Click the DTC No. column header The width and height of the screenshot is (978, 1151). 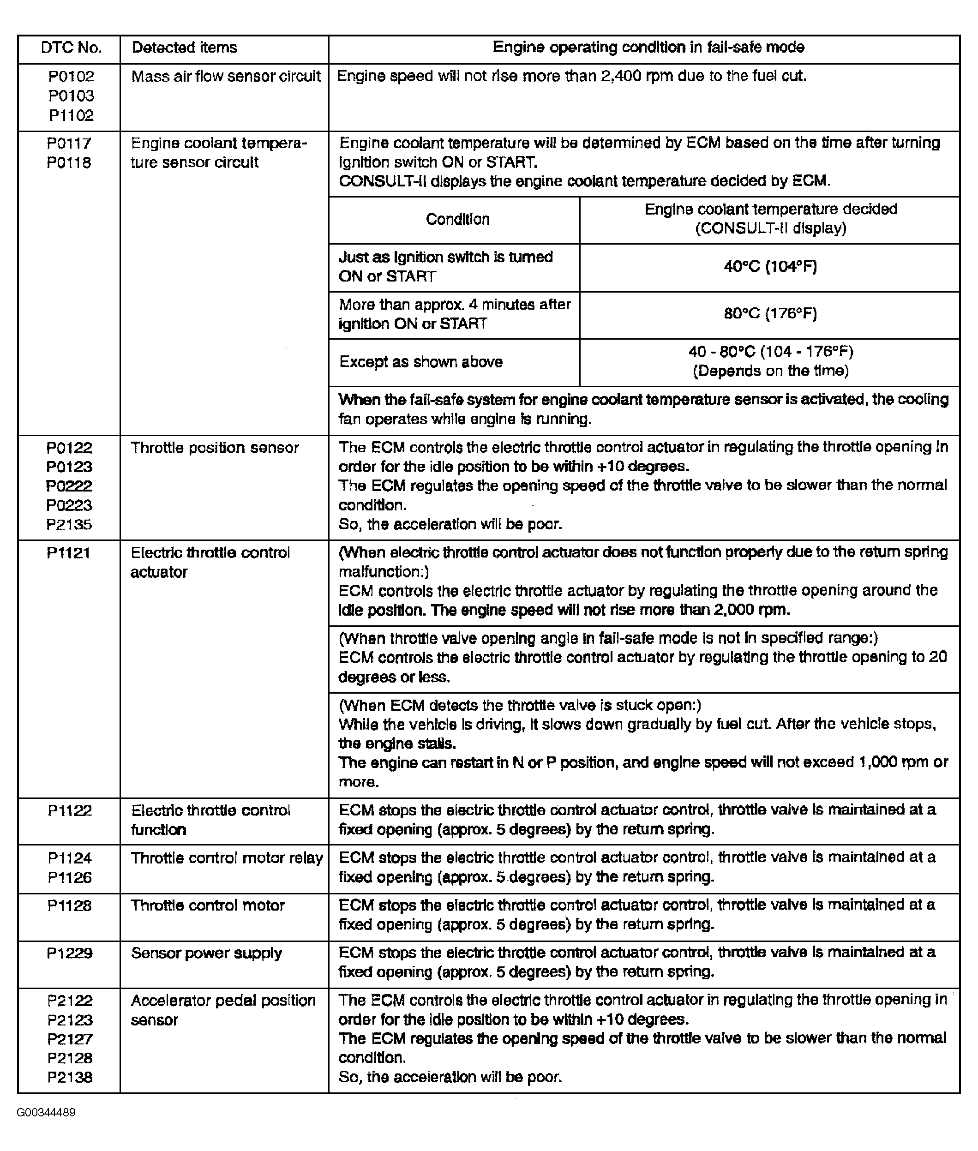71,48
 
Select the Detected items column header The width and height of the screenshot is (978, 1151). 184,48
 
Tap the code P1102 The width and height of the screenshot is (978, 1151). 71,115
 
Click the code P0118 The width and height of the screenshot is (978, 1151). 69,162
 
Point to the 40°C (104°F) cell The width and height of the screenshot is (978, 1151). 770,267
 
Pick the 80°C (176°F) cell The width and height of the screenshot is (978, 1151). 770,314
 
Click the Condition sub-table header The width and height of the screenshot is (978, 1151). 457,220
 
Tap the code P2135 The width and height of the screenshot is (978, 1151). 69,524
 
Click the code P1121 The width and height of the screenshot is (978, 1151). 69,553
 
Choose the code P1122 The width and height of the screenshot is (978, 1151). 70,810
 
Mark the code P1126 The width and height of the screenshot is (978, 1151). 70,877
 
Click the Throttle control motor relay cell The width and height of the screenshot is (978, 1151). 227,858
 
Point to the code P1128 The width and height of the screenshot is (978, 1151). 70,905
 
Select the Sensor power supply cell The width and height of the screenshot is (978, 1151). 206,953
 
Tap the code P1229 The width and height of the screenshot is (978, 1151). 70,953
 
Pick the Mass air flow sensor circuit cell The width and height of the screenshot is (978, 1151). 226,77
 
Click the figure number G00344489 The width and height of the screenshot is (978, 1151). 46,1113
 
